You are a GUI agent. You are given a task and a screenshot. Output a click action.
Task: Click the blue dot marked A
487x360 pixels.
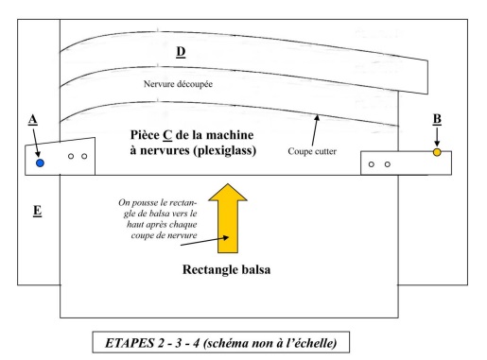pos(40,163)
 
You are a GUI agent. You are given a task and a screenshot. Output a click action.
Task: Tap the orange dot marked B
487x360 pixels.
pos(437,152)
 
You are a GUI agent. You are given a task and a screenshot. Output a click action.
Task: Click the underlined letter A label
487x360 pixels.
pos(33,120)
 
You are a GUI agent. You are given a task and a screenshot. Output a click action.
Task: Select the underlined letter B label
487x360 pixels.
pos(437,119)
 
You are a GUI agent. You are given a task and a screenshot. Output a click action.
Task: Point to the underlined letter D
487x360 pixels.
pos(181,52)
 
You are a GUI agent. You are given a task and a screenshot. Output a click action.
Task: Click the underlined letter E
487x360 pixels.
pos(37,211)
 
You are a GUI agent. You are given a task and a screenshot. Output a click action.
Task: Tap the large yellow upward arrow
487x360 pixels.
pos(228,218)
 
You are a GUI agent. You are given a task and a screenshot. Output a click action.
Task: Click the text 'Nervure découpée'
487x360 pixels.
pos(178,84)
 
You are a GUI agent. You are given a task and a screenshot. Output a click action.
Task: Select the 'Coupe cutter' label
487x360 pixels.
pos(312,151)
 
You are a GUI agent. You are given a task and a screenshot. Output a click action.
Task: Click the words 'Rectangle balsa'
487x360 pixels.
pos(226,269)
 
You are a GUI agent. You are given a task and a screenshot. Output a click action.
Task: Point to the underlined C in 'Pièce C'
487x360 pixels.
pos(167,135)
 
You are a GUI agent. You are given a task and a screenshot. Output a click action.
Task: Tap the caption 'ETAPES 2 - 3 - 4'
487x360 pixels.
pos(153,343)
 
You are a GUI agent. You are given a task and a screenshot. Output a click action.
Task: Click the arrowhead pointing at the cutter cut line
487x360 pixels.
pos(317,118)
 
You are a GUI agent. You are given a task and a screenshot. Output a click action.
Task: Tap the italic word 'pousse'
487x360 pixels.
pos(148,203)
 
